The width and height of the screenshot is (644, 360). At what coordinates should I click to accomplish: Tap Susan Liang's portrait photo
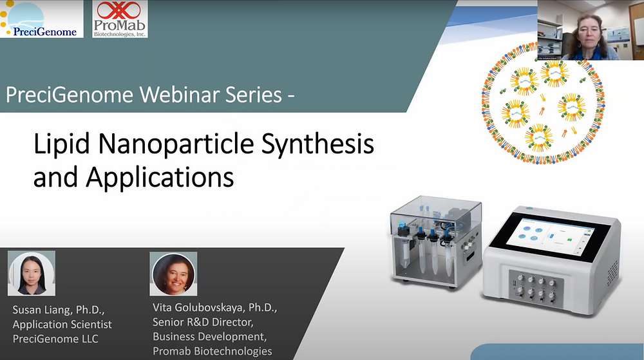coord(32,274)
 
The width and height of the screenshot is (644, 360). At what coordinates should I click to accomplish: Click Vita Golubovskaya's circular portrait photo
coord(173,274)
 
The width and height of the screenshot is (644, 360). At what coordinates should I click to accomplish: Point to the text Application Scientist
coord(62,324)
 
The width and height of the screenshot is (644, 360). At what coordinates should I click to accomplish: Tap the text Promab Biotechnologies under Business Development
coord(212,351)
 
